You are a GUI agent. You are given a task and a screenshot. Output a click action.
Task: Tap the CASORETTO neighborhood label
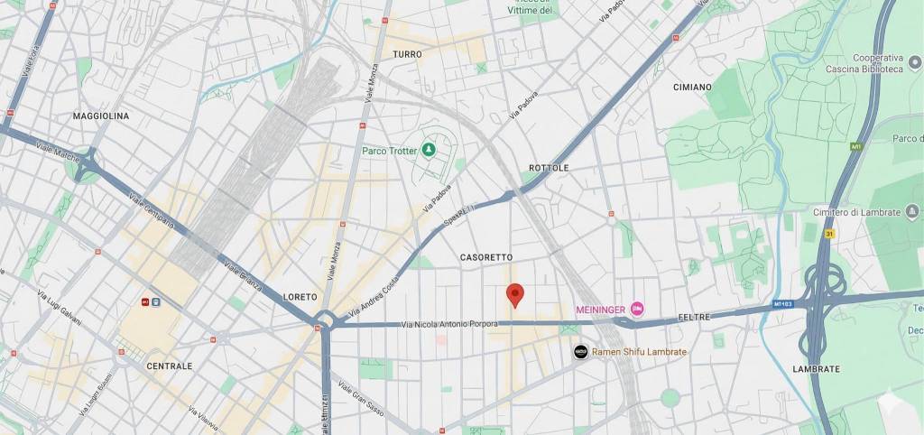click(486, 257)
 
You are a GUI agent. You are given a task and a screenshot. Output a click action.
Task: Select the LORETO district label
click(300, 297)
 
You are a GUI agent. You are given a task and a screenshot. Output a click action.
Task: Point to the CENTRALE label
click(169, 366)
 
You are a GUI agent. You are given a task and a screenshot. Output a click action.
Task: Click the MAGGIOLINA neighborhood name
click(101, 116)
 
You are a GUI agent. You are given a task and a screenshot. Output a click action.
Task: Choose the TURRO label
click(407, 55)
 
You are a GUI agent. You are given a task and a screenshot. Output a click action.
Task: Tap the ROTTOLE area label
click(549, 169)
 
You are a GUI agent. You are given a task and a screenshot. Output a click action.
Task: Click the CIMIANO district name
click(692, 88)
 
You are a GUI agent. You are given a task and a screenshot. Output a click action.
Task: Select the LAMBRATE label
click(816, 369)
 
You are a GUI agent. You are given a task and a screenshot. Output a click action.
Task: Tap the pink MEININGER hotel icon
click(638, 310)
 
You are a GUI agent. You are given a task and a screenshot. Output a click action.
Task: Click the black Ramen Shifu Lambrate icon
click(581, 352)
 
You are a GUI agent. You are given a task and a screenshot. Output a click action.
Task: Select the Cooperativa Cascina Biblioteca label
click(864, 63)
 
